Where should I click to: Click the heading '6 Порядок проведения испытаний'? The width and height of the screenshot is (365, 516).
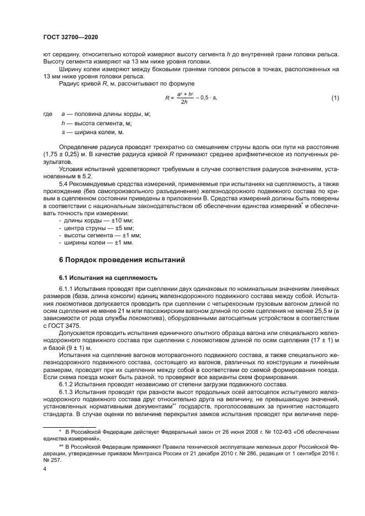(x=121, y=259)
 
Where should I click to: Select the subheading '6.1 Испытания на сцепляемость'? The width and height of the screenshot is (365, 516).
(x=102, y=277)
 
